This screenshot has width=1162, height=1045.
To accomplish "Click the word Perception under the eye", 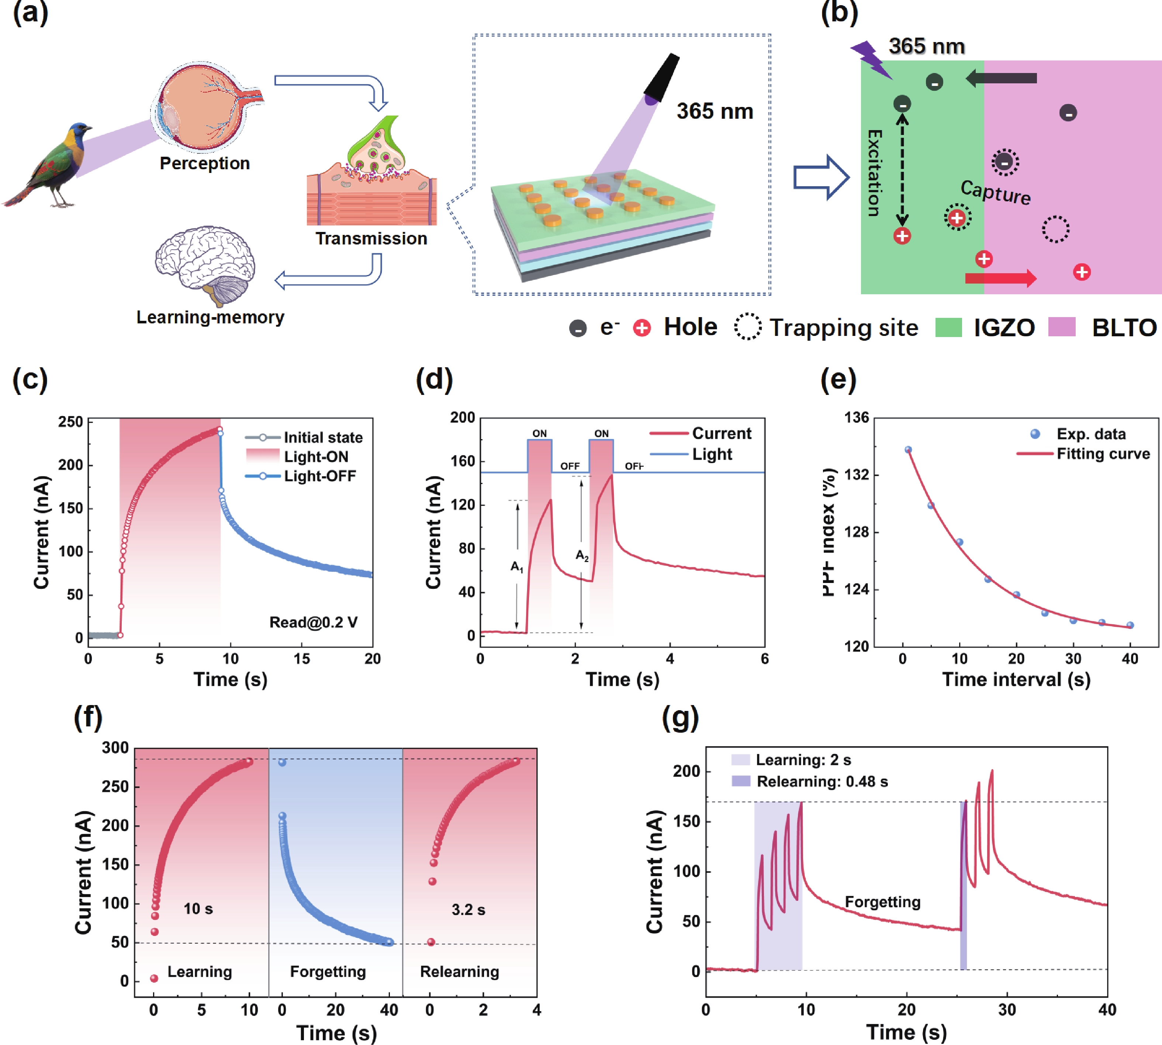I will pyautogui.click(x=204, y=164).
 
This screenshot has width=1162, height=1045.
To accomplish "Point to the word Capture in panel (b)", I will pyautogui.click(x=995, y=192).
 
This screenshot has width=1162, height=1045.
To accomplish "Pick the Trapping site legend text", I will pyautogui.click(x=843, y=328).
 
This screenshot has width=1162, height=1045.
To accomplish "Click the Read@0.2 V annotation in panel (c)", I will pyautogui.click(x=314, y=622).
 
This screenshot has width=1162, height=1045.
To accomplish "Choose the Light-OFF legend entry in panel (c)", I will pyautogui.click(x=319, y=476).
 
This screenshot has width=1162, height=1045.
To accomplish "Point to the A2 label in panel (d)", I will pyautogui.click(x=582, y=555).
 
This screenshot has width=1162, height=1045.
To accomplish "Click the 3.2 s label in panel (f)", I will pyautogui.click(x=468, y=910).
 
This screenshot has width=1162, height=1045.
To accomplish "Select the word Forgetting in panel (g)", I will pyautogui.click(x=882, y=902).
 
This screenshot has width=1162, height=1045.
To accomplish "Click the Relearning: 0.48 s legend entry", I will pyautogui.click(x=822, y=781).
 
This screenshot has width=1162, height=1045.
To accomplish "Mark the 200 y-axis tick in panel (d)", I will pyautogui.click(x=462, y=417).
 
